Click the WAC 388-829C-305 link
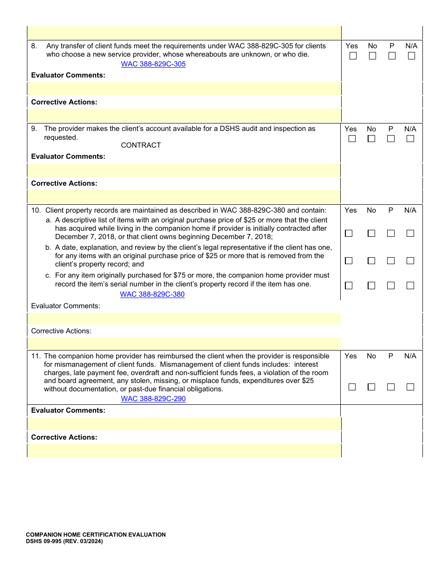tap(153, 64)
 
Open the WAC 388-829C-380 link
tap(152, 294)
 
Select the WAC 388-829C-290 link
tap(153, 399)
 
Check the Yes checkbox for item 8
tap(353, 56)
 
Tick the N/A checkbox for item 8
tap(411, 56)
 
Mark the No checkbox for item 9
tap(371, 139)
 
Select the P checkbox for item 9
tap(391, 139)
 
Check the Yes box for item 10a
tap(349, 234)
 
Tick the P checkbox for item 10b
tap(391, 261)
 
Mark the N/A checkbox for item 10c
tap(410, 286)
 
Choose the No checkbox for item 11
tap(371, 387)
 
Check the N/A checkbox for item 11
tap(410, 387)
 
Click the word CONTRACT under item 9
tap(141, 145)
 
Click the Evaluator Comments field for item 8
tap(184, 89)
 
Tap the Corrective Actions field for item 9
tap(184, 197)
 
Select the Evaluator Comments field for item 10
tap(184, 318)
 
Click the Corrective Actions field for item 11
tap(184, 450)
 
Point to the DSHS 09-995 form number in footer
tap(64, 541)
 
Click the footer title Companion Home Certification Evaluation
tap(96, 535)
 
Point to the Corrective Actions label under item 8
tap(64, 102)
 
